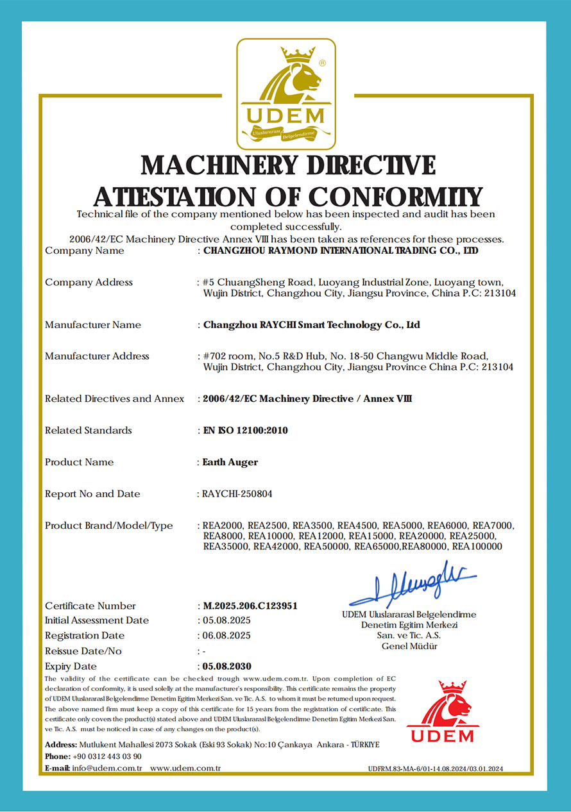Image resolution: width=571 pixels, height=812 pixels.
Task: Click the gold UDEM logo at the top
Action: (x=285, y=94)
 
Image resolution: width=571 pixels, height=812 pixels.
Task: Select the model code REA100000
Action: (x=477, y=547)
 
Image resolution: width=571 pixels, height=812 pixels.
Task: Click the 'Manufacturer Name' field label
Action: (x=93, y=325)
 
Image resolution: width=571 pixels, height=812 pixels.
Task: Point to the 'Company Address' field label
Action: (x=89, y=283)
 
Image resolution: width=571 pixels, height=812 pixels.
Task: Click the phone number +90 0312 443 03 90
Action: (x=107, y=756)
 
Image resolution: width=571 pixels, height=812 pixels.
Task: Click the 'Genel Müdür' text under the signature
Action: (x=409, y=646)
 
